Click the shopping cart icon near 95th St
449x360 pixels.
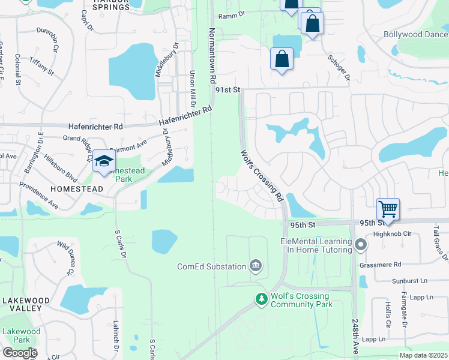point(388,209)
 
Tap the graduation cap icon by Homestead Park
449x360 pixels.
point(104,160)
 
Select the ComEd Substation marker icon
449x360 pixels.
point(256,266)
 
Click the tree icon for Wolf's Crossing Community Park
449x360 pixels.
point(261,298)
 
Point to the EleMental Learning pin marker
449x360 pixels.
point(360,245)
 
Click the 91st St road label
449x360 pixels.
point(228,89)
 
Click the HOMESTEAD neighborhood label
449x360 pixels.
point(77,188)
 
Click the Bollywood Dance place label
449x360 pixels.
point(415,34)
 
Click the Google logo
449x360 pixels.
point(19,353)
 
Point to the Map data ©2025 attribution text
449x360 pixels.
point(423,355)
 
